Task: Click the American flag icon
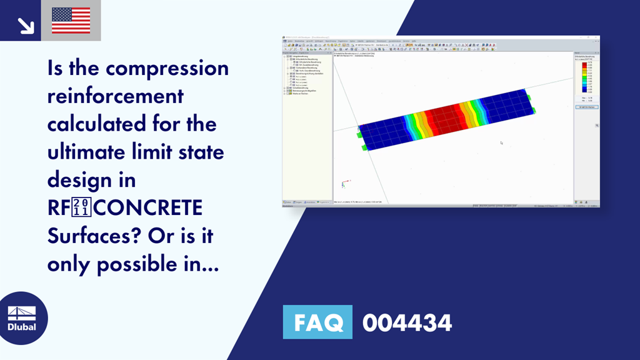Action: pyautogui.click(x=71, y=20)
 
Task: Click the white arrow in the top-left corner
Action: pyautogui.click(x=26, y=25)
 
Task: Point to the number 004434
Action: pyautogui.click(x=407, y=322)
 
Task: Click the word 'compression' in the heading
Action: pyautogui.click(x=167, y=67)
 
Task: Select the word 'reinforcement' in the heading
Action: pyautogui.click(x=116, y=96)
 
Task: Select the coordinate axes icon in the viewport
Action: pyautogui.click(x=343, y=184)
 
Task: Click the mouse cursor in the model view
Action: pyautogui.click(x=501, y=142)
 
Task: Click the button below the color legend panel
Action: pyautogui.click(x=586, y=107)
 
